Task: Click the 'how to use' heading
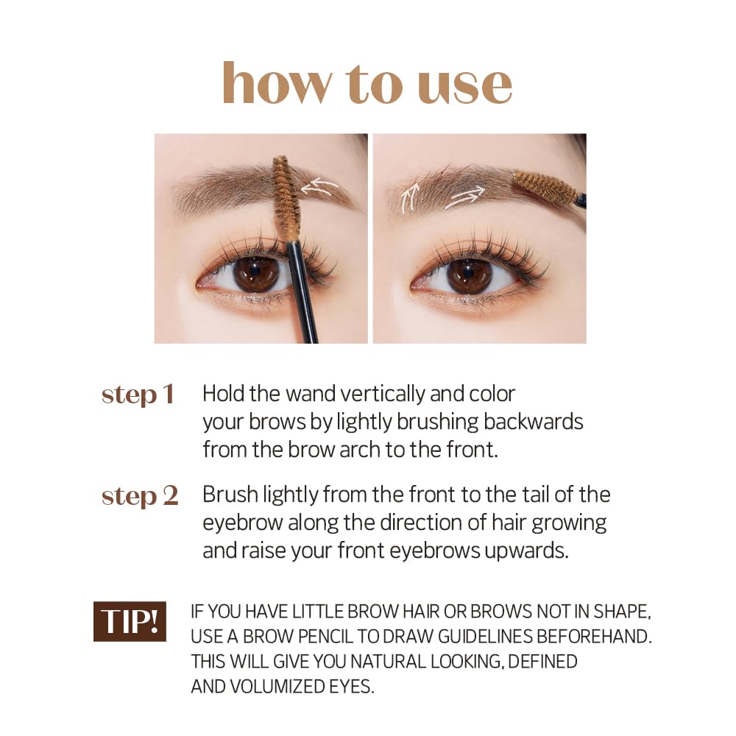(x=367, y=83)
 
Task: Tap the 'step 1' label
(x=138, y=394)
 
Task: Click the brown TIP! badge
(x=130, y=621)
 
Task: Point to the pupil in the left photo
(x=255, y=272)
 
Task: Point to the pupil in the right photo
(x=469, y=272)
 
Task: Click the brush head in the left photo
(x=286, y=197)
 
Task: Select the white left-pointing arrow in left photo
(x=319, y=187)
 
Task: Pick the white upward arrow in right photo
(x=410, y=197)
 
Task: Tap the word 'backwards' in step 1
(x=533, y=422)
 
